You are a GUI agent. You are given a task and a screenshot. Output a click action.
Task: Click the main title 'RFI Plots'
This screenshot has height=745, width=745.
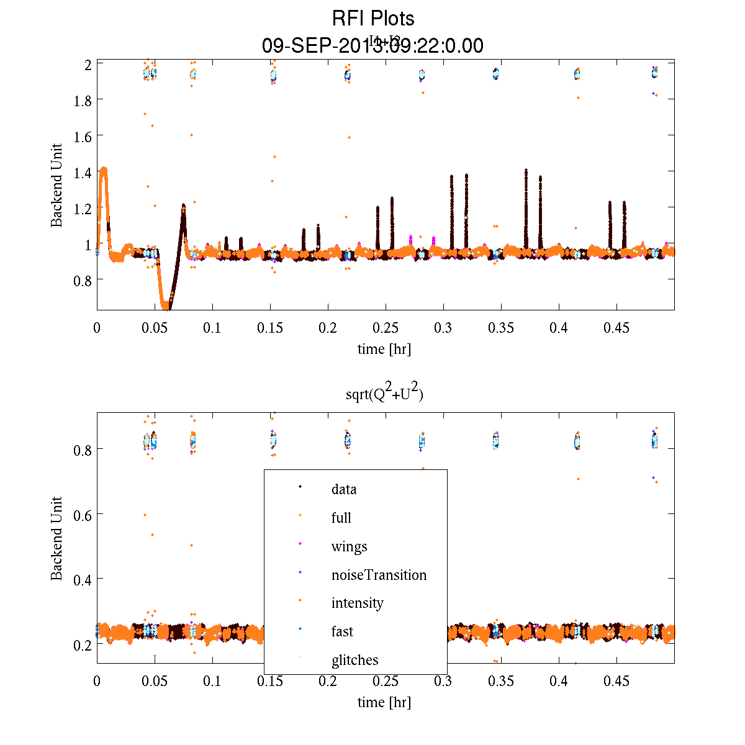click(x=372, y=18)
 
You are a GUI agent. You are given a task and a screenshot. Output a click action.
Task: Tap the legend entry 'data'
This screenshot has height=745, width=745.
click(x=344, y=489)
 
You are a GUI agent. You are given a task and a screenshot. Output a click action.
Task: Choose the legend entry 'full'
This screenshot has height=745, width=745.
click(x=341, y=518)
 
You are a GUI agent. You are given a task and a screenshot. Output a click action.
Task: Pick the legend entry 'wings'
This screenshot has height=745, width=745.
click(x=349, y=546)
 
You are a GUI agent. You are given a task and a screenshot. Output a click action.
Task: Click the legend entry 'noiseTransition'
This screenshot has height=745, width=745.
click(x=379, y=575)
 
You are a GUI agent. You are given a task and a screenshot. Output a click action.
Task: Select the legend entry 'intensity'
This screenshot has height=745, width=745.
click(x=357, y=603)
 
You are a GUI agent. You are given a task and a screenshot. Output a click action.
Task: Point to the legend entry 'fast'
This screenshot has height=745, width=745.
click(x=342, y=631)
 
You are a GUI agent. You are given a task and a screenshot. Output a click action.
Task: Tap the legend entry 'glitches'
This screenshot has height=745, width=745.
click(x=354, y=660)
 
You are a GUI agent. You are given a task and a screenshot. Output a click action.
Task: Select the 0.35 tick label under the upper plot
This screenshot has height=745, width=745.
click(x=501, y=328)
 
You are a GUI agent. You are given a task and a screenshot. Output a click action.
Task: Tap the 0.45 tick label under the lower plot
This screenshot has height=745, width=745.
click(x=616, y=682)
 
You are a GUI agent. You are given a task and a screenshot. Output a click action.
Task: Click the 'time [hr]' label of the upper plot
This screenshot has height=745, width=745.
click(x=384, y=349)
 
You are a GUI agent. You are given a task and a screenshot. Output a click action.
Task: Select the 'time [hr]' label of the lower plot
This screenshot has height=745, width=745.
click(x=384, y=702)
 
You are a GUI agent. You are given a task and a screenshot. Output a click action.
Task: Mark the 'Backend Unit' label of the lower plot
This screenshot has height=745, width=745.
click(x=56, y=538)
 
